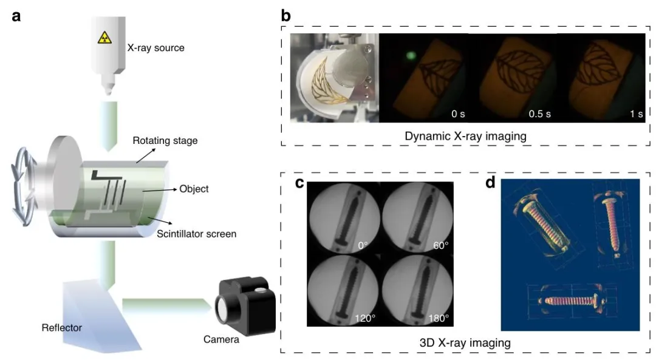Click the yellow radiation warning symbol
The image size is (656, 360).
point(106,37)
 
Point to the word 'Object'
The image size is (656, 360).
point(194,189)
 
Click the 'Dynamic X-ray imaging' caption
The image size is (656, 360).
point(465,137)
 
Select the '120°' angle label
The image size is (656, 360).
point(364,318)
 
